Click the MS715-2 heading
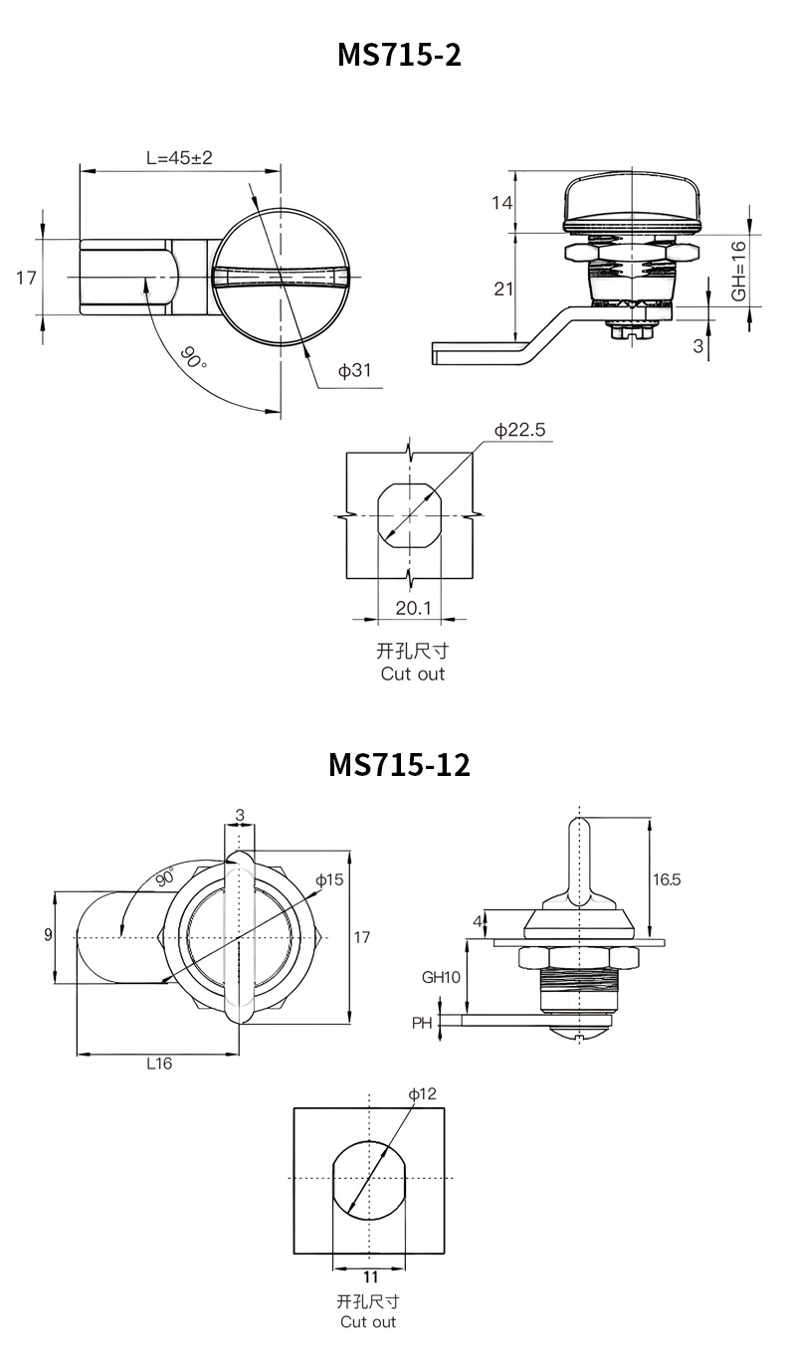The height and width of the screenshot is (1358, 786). click(x=399, y=55)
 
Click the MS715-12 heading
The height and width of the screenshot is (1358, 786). click(x=399, y=764)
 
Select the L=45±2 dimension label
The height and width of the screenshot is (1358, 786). click(x=179, y=157)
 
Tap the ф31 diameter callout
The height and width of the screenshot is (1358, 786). click(x=355, y=370)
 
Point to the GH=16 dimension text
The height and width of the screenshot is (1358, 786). click(x=738, y=271)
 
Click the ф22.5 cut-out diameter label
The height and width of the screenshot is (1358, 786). click(x=519, y=430)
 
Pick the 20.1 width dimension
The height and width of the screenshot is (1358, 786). click(x=413, y=608)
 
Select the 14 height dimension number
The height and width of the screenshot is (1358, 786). click(x=502, y=203)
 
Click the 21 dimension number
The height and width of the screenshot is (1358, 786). click(x=503, y=289)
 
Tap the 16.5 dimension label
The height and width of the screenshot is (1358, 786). click(x=667, y=879)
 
